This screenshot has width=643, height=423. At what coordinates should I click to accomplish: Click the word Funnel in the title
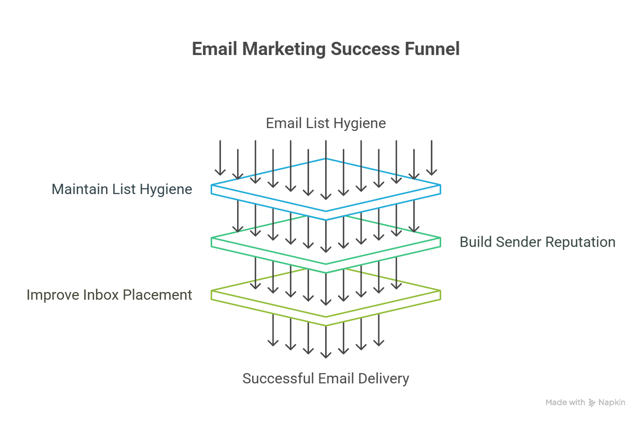pyautogui.click(x=432, y=49)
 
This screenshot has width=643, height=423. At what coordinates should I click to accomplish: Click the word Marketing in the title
pyautogui.click(x=284, y=49)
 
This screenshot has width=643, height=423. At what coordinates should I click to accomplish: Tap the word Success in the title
pyautogui.click(x=365, y=49)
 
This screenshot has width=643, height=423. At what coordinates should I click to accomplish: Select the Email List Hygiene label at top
pyautogui.click(x=326, y=123)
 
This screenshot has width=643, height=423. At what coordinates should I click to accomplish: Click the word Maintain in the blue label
pyautogui.click(x=80, y=189)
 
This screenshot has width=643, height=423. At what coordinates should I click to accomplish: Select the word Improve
pyautogui.click(x=52, y=295)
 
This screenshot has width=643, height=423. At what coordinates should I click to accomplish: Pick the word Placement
pyautogui.click(x=157, y=295)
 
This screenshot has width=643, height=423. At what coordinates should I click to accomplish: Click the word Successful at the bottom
pyautogui.click(x=278, y=378)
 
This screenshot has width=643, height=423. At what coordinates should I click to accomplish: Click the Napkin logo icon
pyautogui.click(x=592, y=403)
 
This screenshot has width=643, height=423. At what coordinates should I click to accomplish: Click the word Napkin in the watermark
pyautogui.click(x=612, y=403)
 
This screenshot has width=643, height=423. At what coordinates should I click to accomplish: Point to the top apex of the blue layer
pyautogui.click(x=326, y=159)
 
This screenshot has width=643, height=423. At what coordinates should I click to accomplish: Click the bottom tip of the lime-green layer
pyautogui.click(x=326, y=325)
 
